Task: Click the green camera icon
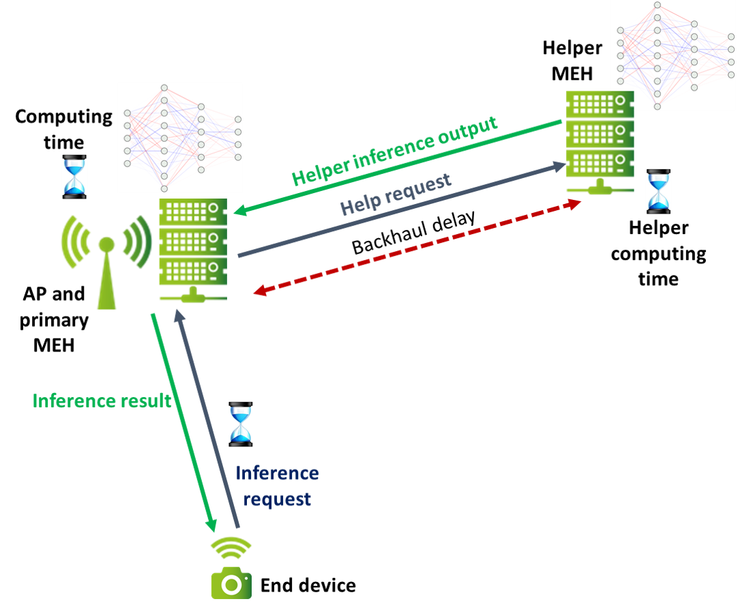pos(231,583)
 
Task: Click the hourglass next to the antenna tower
pos(74,177)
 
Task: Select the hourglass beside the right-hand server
pos(658,192)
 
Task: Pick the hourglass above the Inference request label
pos(240,424)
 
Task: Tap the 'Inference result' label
pos(102,401)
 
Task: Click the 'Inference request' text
pos(277,486)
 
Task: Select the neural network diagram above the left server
pos(180,137)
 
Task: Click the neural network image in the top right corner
pos(673,55)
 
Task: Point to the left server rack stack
pos(193,249)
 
